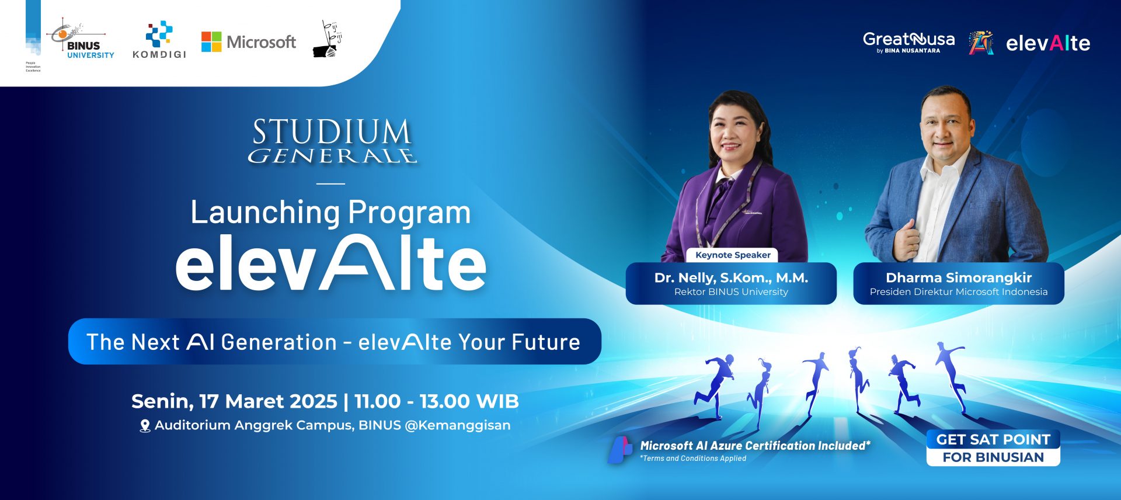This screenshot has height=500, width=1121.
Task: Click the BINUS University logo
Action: [x=82, y=41]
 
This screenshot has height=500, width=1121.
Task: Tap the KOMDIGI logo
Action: [x=159, y=40]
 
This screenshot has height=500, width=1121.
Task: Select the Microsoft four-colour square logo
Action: [x=211, y=42]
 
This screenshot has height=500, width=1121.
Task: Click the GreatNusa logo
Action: [x=908, y=42]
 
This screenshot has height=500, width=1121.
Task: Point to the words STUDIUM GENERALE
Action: [x=332, y=141]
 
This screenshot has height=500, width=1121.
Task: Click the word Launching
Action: [x=265, y=213]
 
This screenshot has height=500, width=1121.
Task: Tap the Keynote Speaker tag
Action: [x=733, y=255]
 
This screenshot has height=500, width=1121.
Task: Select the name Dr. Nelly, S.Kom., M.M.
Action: [x=731, y=278]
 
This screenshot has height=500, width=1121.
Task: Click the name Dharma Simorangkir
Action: [x=959, y=278]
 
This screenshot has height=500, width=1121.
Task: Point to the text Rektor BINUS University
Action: [x=731, y=292]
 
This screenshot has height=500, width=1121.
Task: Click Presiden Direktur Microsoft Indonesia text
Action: [x=959, y=292]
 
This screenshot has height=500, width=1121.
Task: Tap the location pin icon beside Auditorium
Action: [x=145, y=426]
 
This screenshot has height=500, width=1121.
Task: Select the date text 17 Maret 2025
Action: [x=268, y=401]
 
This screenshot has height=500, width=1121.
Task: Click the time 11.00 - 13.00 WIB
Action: [x=436, y=401]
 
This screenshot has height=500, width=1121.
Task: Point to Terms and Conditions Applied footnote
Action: [x=693, y=459]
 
